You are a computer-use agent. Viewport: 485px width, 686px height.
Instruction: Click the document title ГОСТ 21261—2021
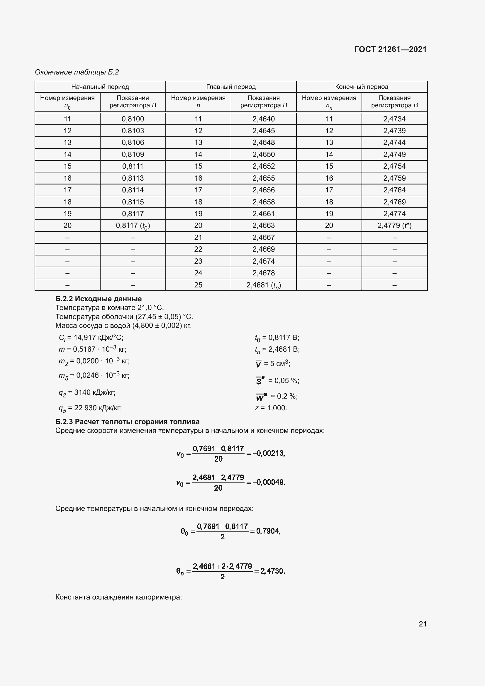point(390,49)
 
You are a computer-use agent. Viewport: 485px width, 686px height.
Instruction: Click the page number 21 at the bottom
point(423,624)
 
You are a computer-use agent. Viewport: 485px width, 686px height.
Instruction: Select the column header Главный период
point(231,87)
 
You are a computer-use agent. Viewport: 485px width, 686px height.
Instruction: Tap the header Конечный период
point(362,87)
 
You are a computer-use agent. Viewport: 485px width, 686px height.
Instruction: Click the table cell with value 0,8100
point(133,119)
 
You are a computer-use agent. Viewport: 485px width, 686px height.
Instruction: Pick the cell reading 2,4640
point(263,119)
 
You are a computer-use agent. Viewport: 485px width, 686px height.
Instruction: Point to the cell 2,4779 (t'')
point(394,226)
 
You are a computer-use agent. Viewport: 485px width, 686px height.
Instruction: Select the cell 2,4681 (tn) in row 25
point(263,285)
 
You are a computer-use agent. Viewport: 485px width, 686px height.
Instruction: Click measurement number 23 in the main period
point(198,261)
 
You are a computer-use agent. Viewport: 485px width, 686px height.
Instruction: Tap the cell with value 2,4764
point(394,190)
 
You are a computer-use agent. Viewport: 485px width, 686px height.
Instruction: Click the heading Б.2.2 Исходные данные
point(99,299)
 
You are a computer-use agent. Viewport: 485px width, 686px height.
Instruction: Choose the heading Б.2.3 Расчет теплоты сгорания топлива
point(128,421)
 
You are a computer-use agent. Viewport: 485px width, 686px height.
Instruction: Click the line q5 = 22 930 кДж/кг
point(90,408)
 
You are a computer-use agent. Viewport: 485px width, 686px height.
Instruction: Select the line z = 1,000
point(271,408)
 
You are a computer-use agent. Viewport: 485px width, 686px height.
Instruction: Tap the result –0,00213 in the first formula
point(269,453)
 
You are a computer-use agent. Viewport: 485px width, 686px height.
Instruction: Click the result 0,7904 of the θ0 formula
point(268,531)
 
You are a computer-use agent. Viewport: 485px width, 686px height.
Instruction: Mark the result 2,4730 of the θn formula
point(273,571)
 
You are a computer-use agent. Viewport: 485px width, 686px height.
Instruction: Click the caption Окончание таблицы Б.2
point(77,72)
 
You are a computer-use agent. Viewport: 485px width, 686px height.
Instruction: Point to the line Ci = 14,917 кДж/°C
point(91,338)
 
